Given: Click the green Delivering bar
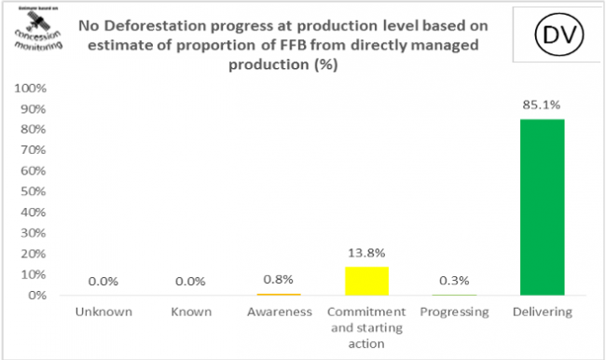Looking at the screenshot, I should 542,207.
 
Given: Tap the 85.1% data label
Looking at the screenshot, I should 542,105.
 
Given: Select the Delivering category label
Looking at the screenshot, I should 542,312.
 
